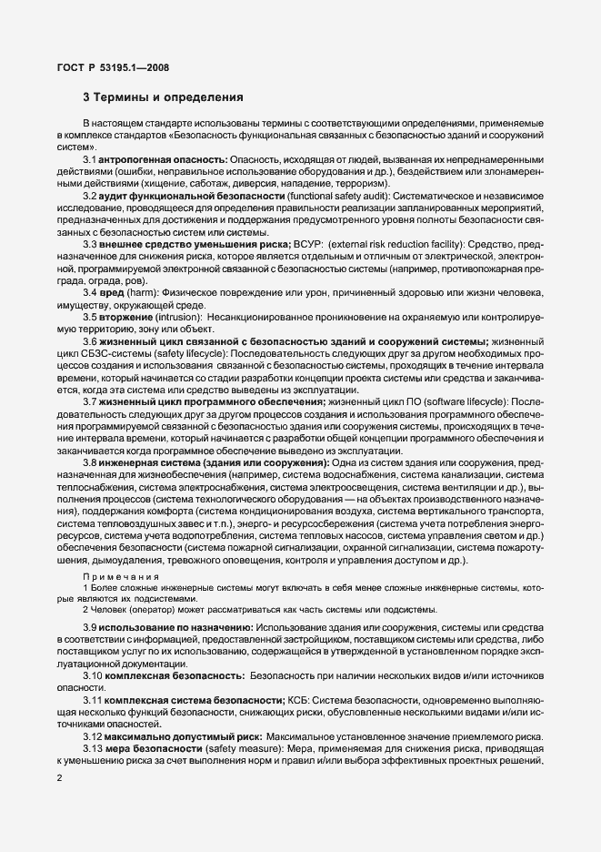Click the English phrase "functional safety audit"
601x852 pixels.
338,197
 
